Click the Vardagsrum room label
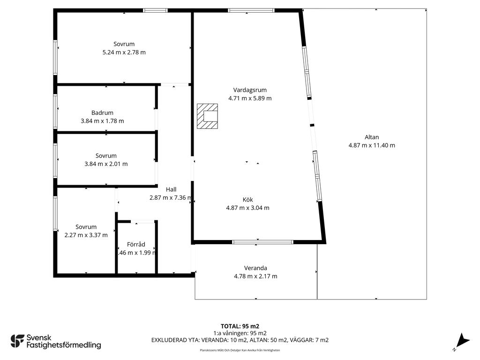point(250,90)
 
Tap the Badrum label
point(102,112)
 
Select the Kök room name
point(247,200)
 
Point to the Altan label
point(372,137)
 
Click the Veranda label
point(255,268)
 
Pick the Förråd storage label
point(136,244)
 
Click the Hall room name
point(171,189)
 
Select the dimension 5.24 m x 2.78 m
point(124,52)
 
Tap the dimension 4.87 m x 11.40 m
point(372,145)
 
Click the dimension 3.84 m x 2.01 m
point(106,164)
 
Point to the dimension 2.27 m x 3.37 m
point(86,235)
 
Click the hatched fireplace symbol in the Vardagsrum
point(207,116)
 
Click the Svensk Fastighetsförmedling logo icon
point(17,341)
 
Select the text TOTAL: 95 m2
point(240,326)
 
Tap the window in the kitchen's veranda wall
point(262,242)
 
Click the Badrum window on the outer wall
point(55,112)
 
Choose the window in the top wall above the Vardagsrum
point(251,10)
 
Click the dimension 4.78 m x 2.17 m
point(255,277)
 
